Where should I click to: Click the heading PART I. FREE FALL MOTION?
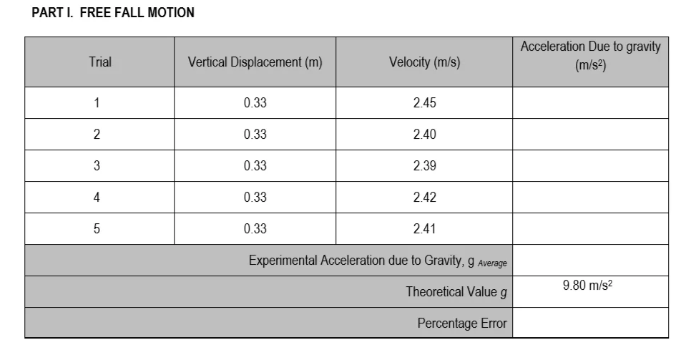click(x=113, y=14)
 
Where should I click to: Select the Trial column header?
click(x=100, y=62)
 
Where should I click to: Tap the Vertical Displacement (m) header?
click(x=255, y=62)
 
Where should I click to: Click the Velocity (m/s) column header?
click(x=424, y=62)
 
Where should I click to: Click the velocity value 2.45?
click(x=424, y=102)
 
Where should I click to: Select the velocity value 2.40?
click(x=424, y=135)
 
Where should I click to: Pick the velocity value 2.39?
click(x=424, y=166)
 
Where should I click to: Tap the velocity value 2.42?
click(x=424, y=198)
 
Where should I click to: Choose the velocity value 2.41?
click(x=424, y=229)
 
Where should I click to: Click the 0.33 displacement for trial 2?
click(x=255, y=135)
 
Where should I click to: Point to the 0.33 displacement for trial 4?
click(x=255, y=198)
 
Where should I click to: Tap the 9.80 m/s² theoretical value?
click(x=589, y=286)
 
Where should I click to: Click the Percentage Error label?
click(x=462, y=323)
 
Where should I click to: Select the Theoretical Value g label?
click(x=456, y=292)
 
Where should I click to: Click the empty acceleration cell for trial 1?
click(x=590, y=102)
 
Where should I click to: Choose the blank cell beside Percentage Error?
click(x=590, y=323)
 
